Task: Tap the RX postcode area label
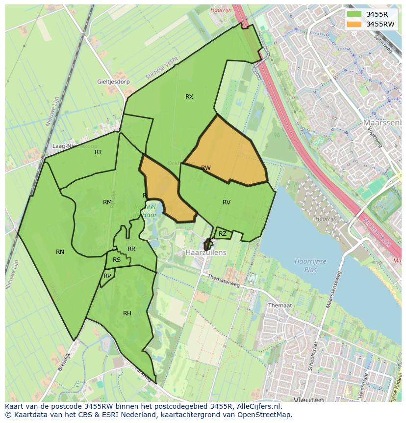point(189,97)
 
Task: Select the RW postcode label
point(206,168)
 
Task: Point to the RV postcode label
point(227,202)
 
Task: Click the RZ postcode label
point(223,234)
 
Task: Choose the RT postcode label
point(99,152)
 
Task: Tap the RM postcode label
point(107,202)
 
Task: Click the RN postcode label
point(60,252)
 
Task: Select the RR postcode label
point(131,249)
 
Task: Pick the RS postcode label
point(117,260)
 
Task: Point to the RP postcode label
point(107,276)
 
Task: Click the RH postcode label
point(127,313)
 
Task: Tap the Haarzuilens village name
point(206,252)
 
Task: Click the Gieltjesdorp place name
point(113,82)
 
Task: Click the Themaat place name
point(280,305)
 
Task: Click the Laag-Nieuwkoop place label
point(75,146)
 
